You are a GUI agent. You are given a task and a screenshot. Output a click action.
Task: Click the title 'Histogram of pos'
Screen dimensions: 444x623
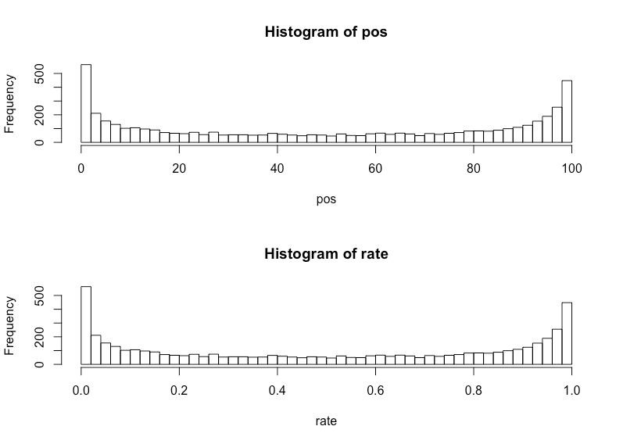point(326,33)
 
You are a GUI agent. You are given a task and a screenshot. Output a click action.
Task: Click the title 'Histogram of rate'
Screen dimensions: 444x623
point(326,254)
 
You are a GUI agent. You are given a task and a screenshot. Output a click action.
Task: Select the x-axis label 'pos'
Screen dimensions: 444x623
point(326,199)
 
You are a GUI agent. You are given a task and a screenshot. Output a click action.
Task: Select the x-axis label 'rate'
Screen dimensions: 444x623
point(326,421)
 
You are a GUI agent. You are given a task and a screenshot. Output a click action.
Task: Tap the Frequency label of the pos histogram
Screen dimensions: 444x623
point(10,103)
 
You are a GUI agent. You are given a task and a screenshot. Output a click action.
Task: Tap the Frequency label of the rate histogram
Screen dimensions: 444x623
point(10,325)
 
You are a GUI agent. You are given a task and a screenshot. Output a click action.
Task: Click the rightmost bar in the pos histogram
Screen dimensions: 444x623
point(567,111)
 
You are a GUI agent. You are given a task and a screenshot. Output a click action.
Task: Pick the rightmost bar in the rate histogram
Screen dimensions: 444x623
point(567,333)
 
